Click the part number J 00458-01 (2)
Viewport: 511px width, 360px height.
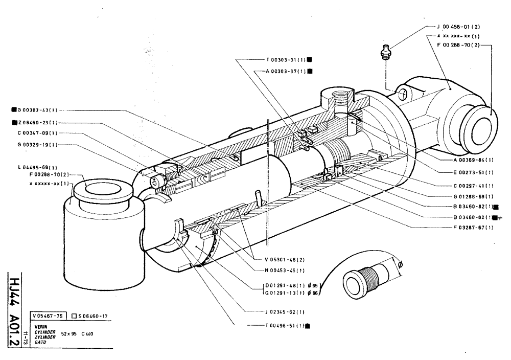coord(458,26)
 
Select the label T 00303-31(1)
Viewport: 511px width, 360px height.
coord(286,59)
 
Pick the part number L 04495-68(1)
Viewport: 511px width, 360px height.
coord(36,167)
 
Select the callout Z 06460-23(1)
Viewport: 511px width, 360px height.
coord(37,123)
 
